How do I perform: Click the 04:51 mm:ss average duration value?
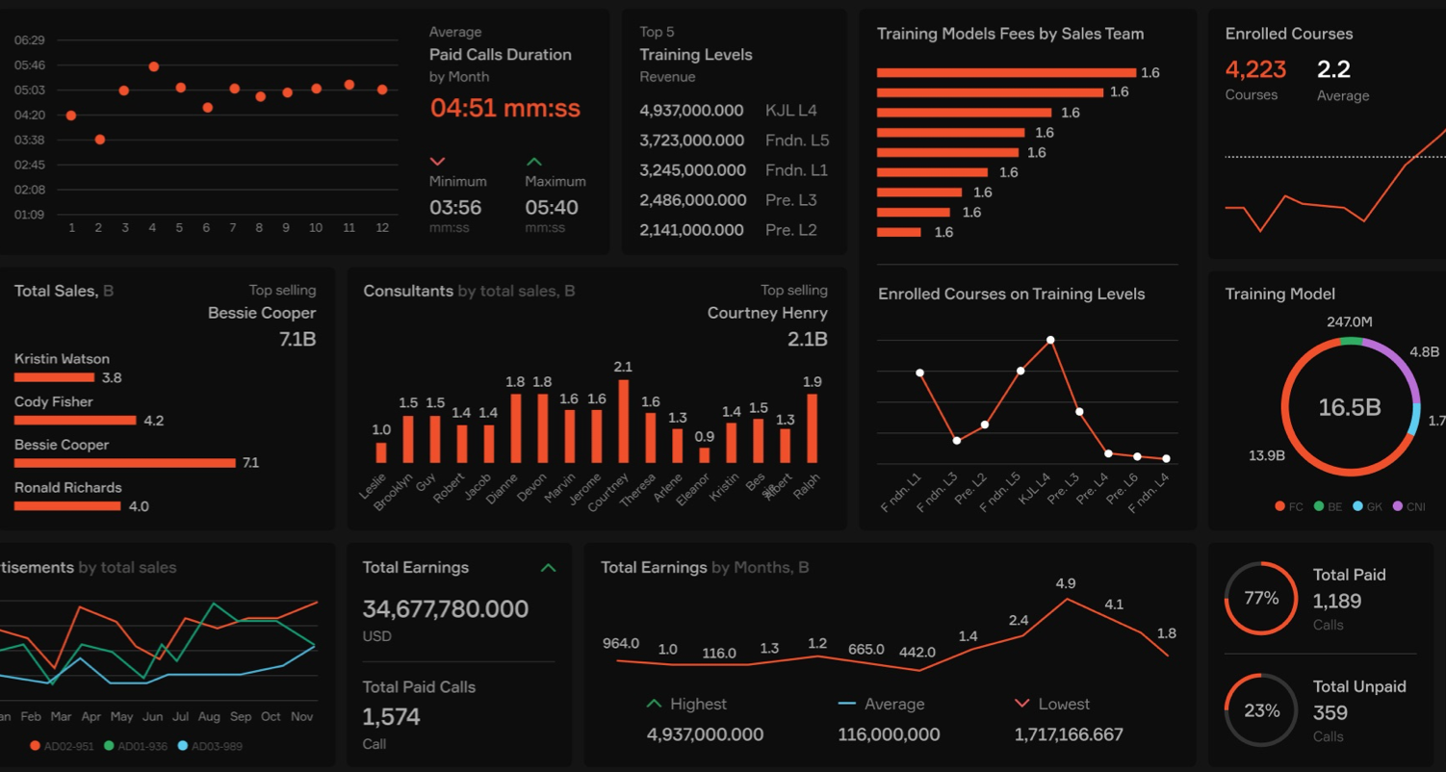click(x=505, y=108)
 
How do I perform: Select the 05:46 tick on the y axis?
click(x=30, y=65)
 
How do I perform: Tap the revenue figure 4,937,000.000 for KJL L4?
click(x=691, y=111)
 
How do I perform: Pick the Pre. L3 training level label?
click(x=790, y=200)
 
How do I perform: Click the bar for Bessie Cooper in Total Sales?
click(x=125, y=463)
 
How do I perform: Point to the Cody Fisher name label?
click(x=54, y=402)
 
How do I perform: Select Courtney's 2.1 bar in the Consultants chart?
click(x=624, y=422)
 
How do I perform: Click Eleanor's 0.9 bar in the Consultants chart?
click(x=704, y=455)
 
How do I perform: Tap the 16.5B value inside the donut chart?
click(x=1349, y=407)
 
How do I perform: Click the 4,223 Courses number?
click(x=1255, y=69)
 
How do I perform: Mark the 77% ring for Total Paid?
click(x=1261, y=599)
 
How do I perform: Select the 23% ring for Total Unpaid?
click(x=1261, y=710)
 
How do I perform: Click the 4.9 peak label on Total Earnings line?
click(x=1066, y=583)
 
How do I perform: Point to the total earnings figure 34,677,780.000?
click(x=445, y=609)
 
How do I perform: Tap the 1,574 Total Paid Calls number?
click(x=391, y=717)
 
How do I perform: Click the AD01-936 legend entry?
click(x=138, y=746)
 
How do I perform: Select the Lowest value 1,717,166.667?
click(x=1069, y=734)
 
